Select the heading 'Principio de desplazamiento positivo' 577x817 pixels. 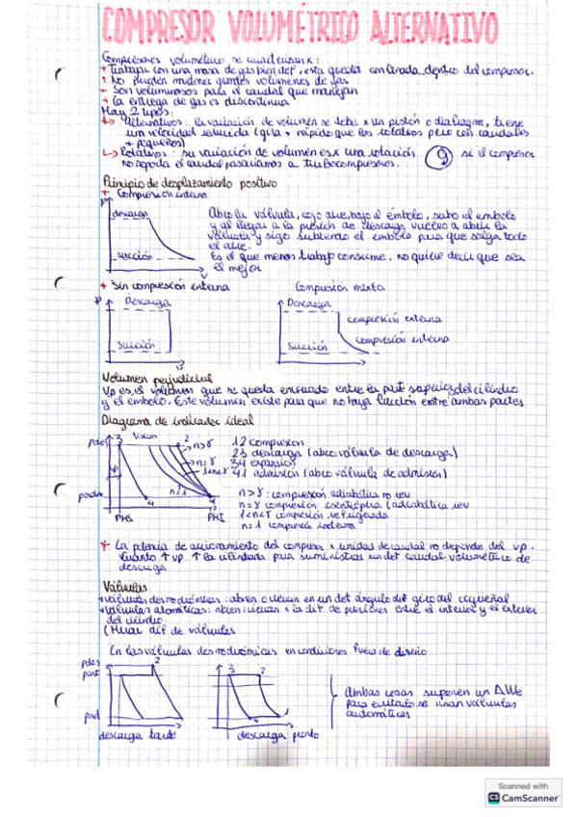point(189,182)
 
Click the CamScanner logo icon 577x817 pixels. point(494,797)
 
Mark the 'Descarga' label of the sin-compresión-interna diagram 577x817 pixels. point(148,301)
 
